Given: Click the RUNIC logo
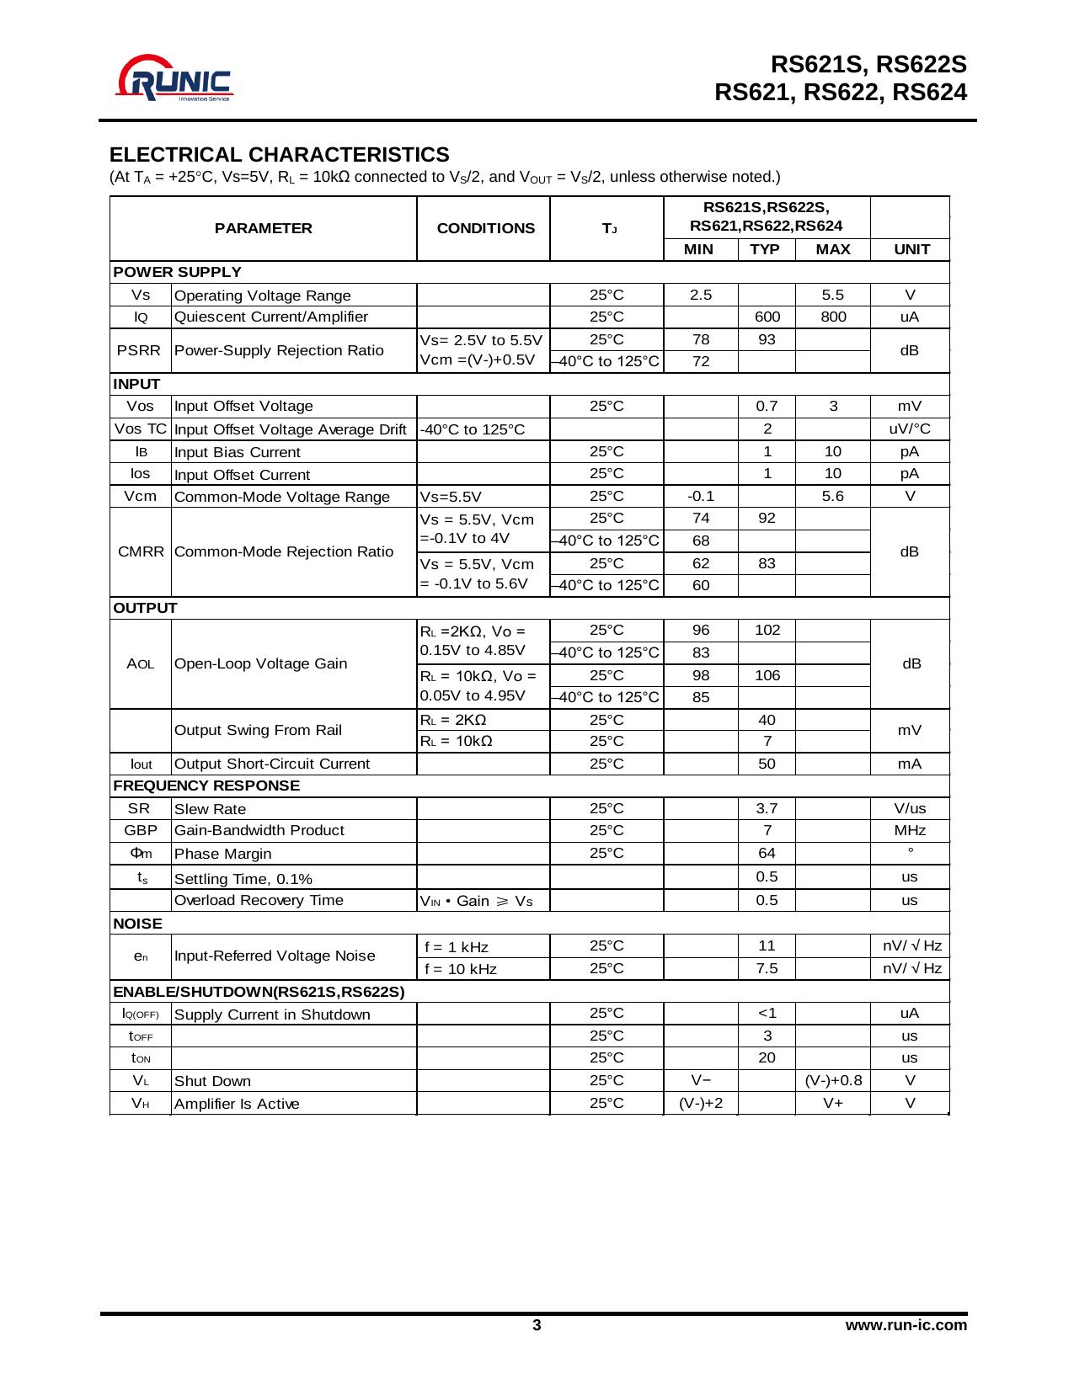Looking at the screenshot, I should [175, 78].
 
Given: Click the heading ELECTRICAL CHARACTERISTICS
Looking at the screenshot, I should [279, 155].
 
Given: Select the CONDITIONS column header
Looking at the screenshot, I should [485, 228].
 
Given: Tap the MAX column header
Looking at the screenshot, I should [832, 249].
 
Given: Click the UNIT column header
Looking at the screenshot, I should [911, 249].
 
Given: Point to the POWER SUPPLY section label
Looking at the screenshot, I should [178, 272].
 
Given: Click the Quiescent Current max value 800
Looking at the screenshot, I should [832, 317].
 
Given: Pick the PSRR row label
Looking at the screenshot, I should [139, 350].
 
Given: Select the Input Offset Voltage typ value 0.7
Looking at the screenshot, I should [767, 406].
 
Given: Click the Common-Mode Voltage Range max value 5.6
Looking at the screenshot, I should [832, 496].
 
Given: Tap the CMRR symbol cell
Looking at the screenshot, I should [141, 551].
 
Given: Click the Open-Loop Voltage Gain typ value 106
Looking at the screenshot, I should [767, 675].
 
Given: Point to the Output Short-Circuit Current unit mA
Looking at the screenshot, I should [910, 764].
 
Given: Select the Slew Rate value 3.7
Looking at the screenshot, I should [767, 808].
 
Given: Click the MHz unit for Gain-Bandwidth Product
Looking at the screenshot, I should [910, 830].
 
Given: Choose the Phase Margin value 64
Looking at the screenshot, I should [767, 853].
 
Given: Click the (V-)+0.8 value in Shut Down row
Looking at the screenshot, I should [833, 1080].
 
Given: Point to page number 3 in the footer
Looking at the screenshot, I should [537, 1325].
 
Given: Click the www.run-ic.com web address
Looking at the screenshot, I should [906, 1325].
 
